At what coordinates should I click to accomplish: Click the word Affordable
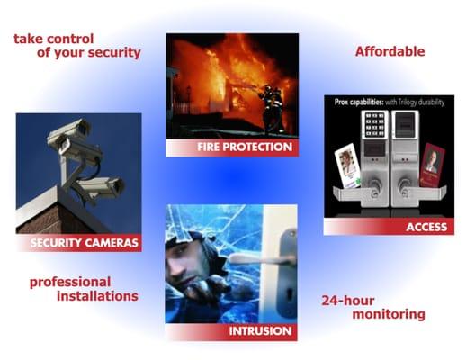[x=390, y=51]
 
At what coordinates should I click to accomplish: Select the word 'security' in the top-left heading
[x=111, y=53]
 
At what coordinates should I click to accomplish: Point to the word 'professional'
[x=70, y=282]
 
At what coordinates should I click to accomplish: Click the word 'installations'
[x=97, y=296]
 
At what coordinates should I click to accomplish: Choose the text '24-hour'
[x=349, y=301]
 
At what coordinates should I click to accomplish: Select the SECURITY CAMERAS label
[x=85, y=243]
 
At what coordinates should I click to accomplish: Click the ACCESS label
[x=425, y=228]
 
